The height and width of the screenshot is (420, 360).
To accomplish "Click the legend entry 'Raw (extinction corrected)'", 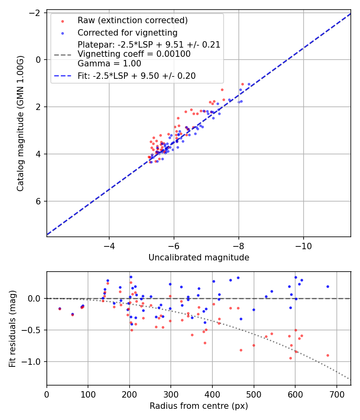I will pyautogui.click(x=132, y=20).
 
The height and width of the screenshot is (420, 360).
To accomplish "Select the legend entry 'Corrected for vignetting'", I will pyautogui.click(x=127, y=32).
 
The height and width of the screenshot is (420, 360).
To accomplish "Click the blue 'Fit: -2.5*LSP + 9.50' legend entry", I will pyautogui.click(x=136, y=76).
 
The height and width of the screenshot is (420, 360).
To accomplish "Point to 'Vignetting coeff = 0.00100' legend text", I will pyautogui.click(x=134, y=54).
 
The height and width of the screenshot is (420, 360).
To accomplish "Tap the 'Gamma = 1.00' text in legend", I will pyautogui.click(x=109, y=63).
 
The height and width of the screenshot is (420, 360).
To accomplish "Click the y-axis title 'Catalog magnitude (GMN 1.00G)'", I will pyautogui.click(x=20, y=123).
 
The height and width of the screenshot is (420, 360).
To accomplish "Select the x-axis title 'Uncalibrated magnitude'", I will pyautogui.click(x=199, y=258).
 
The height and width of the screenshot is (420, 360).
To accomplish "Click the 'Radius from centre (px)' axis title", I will pyautogui.click(x=199, y=406).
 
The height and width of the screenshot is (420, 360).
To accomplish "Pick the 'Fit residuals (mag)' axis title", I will pyautogui.click(x=12, y=328).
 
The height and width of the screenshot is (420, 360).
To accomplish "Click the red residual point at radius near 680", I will pyautogui.click(x=328, y=355).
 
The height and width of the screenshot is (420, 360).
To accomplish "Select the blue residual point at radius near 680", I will pyautogui.click(x=328, y=286).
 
